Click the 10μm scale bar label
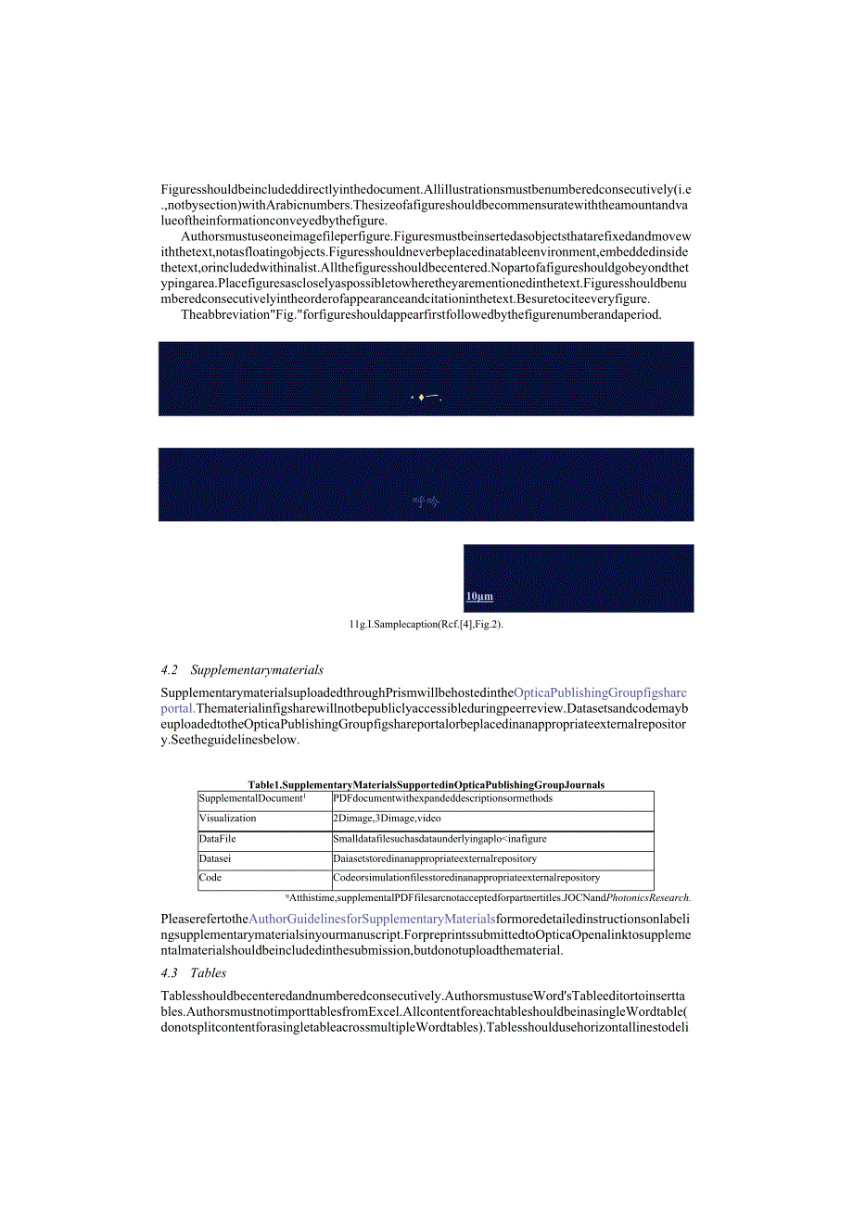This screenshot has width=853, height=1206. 479,596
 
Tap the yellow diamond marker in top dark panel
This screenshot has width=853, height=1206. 421,398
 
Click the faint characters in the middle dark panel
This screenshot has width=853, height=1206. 426,502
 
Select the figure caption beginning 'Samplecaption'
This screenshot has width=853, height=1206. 426,625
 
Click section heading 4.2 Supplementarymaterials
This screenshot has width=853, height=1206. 242,669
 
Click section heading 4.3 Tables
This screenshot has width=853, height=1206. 193,972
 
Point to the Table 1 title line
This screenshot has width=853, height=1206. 426,784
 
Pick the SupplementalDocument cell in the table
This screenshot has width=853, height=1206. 251,798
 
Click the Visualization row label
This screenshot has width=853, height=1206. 227,819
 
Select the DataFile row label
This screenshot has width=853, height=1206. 218,839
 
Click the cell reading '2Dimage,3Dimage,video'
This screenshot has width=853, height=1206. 387,819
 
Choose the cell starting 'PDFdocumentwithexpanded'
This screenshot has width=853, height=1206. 442,798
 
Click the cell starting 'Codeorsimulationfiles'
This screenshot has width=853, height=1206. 466,878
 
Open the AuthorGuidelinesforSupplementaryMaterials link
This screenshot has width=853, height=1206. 372,919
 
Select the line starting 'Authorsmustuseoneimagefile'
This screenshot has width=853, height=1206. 436,236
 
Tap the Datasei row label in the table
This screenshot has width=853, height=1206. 216,858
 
